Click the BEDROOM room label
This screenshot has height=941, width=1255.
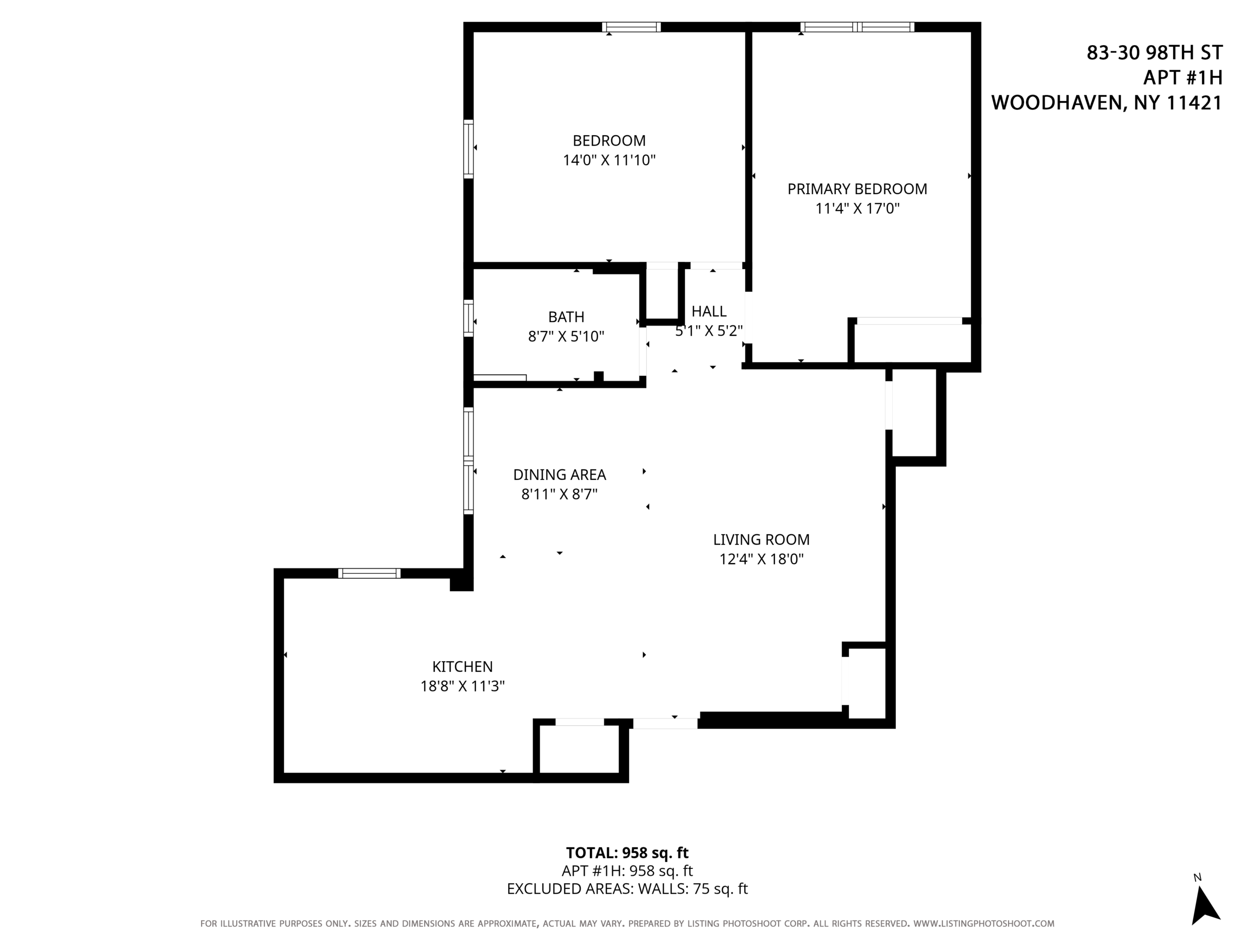pyautogui.click(x=609, y=141)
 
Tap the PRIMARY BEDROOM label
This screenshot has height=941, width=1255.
pyautogui.click(x=857, y=189)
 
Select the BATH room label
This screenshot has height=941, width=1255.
pyautogui.click(x=566, y=317)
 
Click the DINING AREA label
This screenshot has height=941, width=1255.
pyautogui.click(x=559, y=475)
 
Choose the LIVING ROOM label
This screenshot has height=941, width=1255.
pyautogui.click(x=761, y=540)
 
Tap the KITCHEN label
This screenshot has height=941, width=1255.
pyautogui.click(x=462, y=667)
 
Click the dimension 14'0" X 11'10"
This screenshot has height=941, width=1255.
pyautogui.click(x=609, y=161)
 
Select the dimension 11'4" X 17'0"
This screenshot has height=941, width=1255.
pyautogui.click(x=857, y=209)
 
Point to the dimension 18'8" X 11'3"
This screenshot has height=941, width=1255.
pyautogui.click(x=462, y=686)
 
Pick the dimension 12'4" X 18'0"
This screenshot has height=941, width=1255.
pyautogui.click(x=761, y=559)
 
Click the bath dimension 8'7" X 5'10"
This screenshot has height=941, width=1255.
pyautogui.click(x=566, y=337)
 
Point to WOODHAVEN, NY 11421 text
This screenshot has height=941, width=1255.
pyautogui.click(x=1106, y=102)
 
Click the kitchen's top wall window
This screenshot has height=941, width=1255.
pyautogui.click(x=369, y=573)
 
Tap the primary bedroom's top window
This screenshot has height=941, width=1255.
pyautogui.click(x=857, y=26)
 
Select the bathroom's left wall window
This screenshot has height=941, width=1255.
pyautogui.click(x=468, y=318)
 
